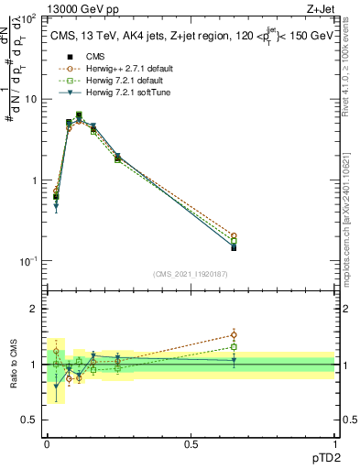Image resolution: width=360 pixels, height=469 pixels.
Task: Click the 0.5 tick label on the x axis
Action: coord(191,443)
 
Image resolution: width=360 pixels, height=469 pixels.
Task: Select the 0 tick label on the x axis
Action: coord(47,443)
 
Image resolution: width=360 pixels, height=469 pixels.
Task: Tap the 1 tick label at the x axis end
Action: coord(334,443)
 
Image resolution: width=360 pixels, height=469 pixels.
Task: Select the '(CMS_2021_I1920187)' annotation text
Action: coord(191,273)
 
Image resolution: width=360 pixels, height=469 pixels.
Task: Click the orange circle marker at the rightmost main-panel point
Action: coord(234,235)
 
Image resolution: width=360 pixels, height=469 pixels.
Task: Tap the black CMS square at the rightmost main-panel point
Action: coord(234,247)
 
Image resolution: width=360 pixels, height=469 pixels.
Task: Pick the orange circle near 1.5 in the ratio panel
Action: coord(234,334)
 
